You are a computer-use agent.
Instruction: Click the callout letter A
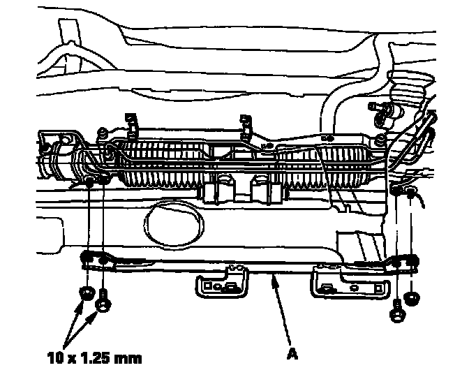point(292,353)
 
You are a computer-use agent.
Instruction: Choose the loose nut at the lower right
point(412,296)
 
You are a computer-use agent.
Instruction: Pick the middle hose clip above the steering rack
point(245,124)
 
